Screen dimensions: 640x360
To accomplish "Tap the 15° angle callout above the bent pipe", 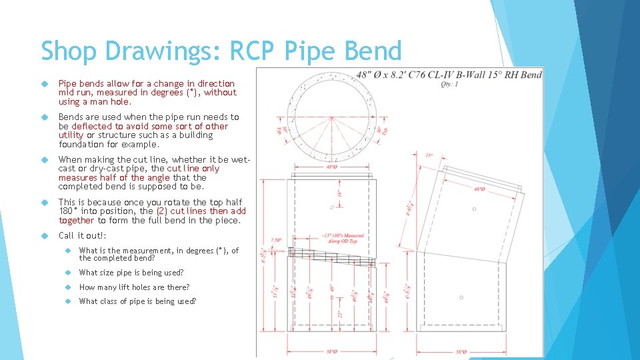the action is pyautogui.click(x=431, y=155).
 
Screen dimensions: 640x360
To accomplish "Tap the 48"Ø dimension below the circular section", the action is pyautogui.click(x=332, y=167).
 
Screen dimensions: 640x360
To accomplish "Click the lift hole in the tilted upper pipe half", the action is pyautogui.click(x=474, y=209).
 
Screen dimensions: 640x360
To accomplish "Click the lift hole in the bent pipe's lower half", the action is pyautogui.click(x=462, y=297).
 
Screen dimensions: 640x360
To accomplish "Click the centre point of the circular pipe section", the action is pyautogui.click(x=332, y=113).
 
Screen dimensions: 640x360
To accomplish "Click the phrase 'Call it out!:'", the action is pyautogui.click(x=83, y=235).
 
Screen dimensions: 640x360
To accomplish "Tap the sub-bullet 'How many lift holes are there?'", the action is pyautogui.click(x=134, y=287).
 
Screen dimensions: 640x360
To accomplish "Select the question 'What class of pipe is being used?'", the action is pyautogui.click(x=137, y=301).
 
